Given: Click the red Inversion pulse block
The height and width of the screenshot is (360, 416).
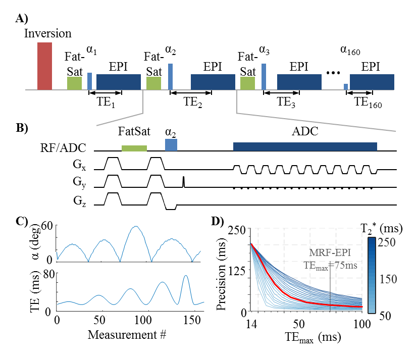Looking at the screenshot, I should (x=44, y=66).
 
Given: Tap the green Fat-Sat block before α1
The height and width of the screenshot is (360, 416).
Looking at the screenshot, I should (x=74, y=84).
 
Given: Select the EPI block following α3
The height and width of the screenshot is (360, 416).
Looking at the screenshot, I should (x=299, y=82).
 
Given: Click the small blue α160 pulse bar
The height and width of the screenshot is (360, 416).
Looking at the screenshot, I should (x=345, y=87).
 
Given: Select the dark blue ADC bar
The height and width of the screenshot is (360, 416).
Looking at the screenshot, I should (x=305, y=146).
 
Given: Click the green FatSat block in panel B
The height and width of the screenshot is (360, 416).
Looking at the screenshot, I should (x=134, y=148).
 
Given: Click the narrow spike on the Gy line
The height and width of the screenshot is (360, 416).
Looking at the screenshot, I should (x=184, y=181).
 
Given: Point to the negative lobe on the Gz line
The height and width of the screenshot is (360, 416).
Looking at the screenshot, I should (x=171, y=207).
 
